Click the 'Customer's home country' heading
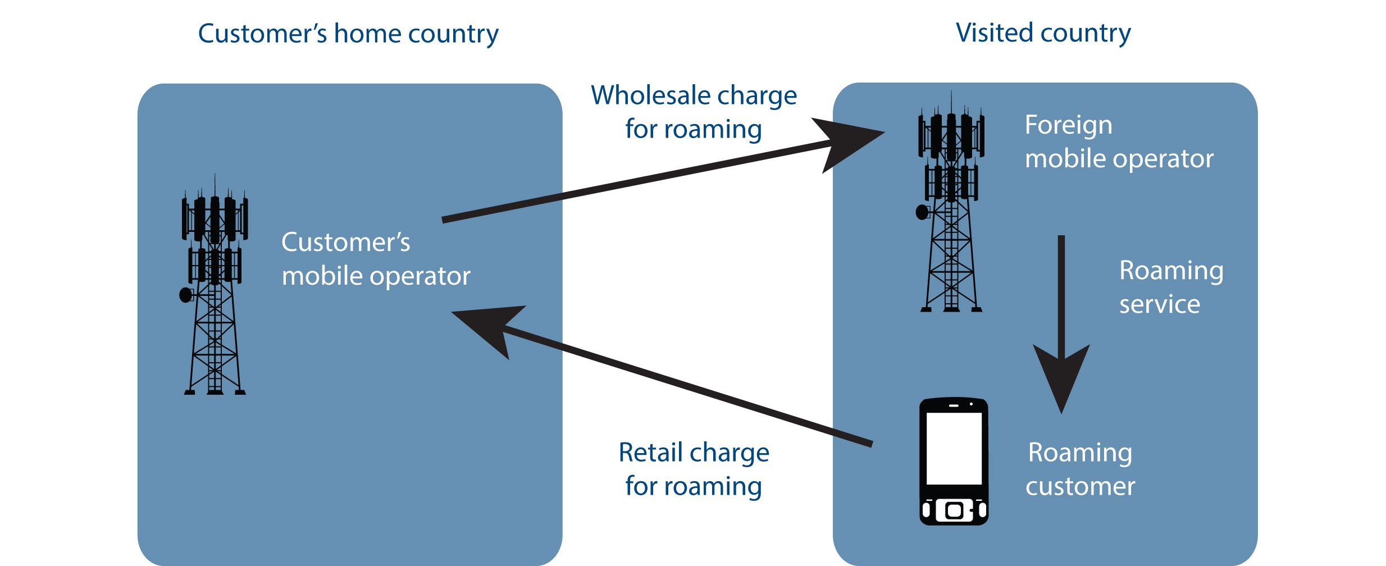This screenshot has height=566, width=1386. click(x=348, y=34)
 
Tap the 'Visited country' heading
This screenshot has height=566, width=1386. click(x=1043, y=33)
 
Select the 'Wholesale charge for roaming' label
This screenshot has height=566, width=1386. click(x=694, y=112)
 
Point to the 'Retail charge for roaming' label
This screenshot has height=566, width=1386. click(x=694, y=469)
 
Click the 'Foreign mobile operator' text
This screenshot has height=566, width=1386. click(x=1119, y=141)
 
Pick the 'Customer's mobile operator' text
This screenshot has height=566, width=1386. click(x=376, y=259)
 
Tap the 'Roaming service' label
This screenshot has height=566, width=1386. click(x=1171, y=287)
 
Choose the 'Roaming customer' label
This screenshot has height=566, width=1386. click(x=1080, y=469)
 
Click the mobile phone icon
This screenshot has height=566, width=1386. click(x=954, y=462)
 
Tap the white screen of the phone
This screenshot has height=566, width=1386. click(x=954, y=448)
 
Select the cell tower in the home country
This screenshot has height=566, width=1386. click(x=215, y=286)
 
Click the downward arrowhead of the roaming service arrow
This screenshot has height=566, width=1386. click(x=1061, y=376)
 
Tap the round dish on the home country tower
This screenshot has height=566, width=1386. click(x=185, y=295)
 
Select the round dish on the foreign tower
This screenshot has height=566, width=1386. click(x=922, y=212)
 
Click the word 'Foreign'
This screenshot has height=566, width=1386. click(x=1068, y=125)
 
